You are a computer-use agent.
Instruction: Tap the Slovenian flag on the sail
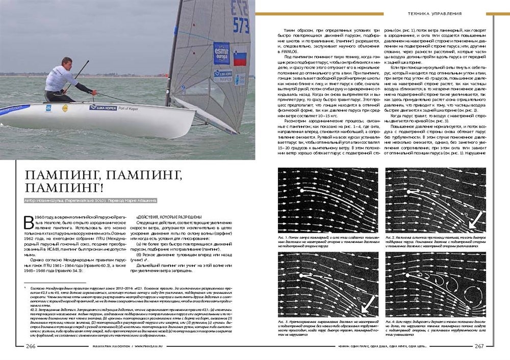click(240, 56)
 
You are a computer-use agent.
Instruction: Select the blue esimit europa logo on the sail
click(221, 53)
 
